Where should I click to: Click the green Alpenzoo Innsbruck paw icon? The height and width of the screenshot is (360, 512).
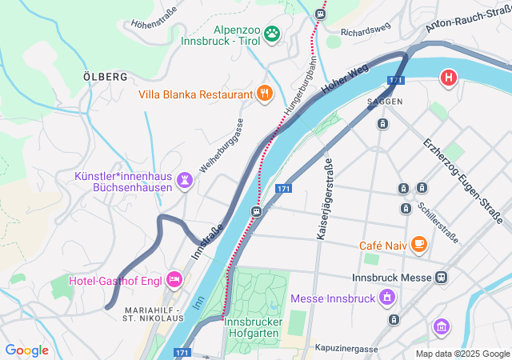272,33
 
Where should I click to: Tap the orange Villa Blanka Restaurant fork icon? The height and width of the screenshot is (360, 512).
266,94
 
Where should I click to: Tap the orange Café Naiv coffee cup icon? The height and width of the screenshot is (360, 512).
418,245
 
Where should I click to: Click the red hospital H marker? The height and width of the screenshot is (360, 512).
449,78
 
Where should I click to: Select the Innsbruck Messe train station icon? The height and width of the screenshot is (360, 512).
440,278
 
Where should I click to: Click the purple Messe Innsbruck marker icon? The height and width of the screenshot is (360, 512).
388,298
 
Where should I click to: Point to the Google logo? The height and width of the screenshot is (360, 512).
26,350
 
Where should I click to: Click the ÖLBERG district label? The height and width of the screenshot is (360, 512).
105,77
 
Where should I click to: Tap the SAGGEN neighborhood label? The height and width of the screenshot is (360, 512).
384,102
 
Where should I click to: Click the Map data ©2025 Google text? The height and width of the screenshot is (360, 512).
462,354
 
